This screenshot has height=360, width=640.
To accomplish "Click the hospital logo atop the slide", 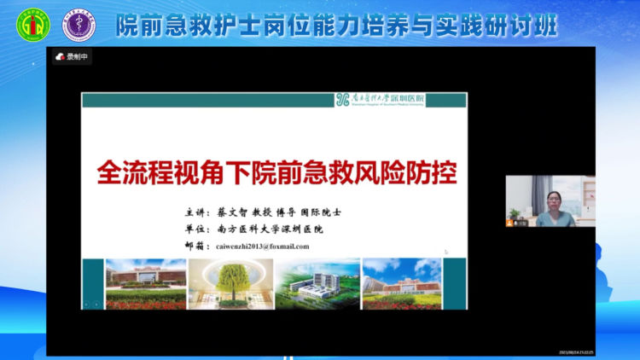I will tap(380, 99).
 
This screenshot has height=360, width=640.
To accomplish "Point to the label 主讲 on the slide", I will tap(195, 212).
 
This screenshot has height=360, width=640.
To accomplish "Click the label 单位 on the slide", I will tap(195, 229).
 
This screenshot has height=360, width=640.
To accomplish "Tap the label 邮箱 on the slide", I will tap(195, 246).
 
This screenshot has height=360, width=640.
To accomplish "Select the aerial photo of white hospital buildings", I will tap(317, 283).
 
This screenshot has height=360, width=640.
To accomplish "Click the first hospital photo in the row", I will tap(145, 283).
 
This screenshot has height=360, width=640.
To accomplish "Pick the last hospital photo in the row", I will tap(401, 283).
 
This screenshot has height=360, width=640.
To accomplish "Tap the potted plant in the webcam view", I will tap(515, 212).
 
